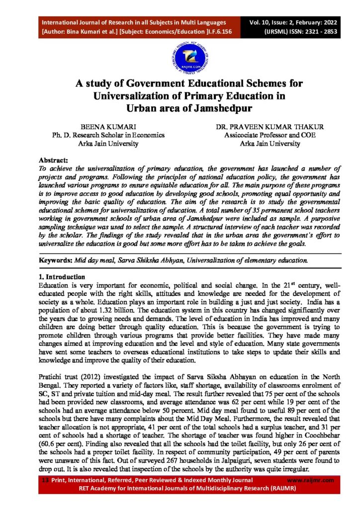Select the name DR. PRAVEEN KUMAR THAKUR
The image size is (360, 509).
[x=270, y=127]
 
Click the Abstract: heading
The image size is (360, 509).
[x=53, y=161]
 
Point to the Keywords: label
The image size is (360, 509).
[x=55, y=260]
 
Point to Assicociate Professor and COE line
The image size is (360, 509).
[x=270, y=135]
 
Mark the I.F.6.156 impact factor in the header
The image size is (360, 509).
[x=211, y=31]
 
